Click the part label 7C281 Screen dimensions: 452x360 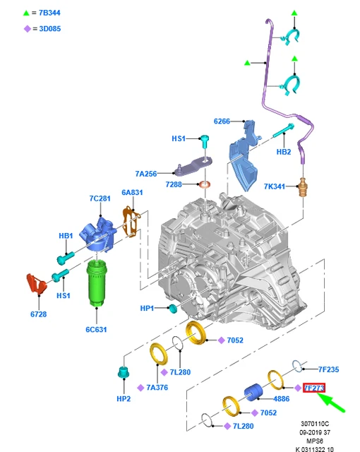(100, 198)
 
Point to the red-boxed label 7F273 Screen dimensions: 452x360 (313, 388)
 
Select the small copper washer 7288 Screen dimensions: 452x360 (205, 185)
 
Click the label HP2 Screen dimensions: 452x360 (124, 398)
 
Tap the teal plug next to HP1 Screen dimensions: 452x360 (172, 308)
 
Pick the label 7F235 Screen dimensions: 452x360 (330, 369)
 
